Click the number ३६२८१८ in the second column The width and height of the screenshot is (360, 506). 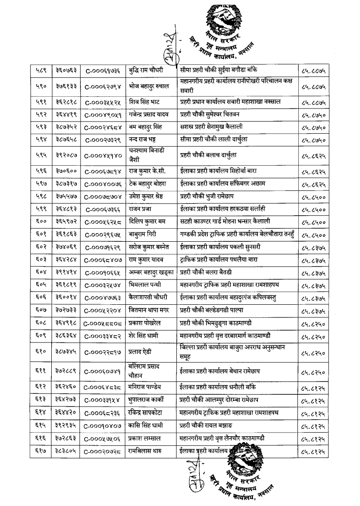65,96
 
